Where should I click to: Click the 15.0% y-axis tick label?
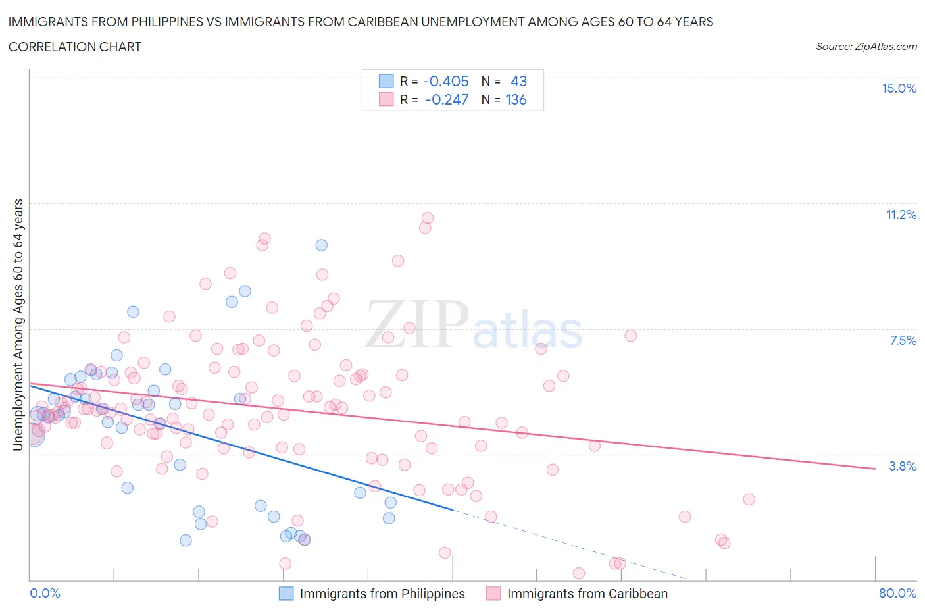pos(899,89)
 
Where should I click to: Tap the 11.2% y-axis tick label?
pos(901,215)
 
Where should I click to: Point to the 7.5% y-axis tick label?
pos(903,340)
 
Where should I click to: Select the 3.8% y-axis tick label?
pos(903,466)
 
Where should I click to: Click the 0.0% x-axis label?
pos(45,593)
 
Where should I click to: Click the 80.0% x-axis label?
pos(897,593)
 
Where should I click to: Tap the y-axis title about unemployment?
pos(18,324)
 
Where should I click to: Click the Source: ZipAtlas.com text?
pos(866,46)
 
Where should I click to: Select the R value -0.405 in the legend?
pos(445,81)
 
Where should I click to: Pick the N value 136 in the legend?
pos(516,99)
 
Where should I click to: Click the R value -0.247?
pos(447,99)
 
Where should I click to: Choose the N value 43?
pos(518,81)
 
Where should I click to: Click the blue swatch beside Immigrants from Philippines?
pos(286,594)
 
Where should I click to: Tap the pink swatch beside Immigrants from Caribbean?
pos(493,594)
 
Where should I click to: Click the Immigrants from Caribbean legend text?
pos(587,594)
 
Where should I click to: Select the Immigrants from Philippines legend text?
pos(382,594)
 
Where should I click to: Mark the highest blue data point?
pos(322,245)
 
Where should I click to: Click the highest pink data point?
pos(428,218)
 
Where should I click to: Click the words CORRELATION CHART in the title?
pos(75,47)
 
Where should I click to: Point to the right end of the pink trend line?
pos(875,469)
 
